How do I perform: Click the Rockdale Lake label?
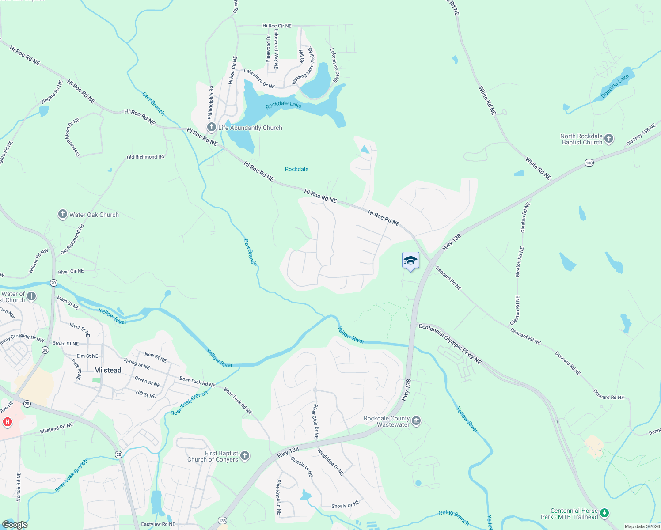click(283, 105)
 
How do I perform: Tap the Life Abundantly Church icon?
click(212, 128)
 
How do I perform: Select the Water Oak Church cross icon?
click(63, 215)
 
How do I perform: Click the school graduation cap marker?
click(410, 261)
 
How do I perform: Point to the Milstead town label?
click(107, 370)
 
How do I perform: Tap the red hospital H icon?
click(7, 422)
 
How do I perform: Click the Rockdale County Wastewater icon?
click(416, 421)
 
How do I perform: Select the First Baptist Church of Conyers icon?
click(245, 456)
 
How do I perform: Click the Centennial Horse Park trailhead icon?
click(604, 513)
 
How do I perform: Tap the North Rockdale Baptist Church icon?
click(609, 139)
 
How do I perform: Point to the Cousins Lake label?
click(615, 86)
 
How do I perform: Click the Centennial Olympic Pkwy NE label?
click(450, 344)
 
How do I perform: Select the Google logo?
click(15, 525)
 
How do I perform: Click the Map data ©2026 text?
click(642, 526)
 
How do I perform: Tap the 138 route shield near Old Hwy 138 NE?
click(589, 163)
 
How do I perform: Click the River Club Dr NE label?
click(315, 421)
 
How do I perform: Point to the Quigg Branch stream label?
click(454, 518)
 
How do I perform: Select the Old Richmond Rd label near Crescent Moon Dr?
click(145, 157)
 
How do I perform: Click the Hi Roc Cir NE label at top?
click(277, 26)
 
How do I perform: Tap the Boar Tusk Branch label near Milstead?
click(189, 403)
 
